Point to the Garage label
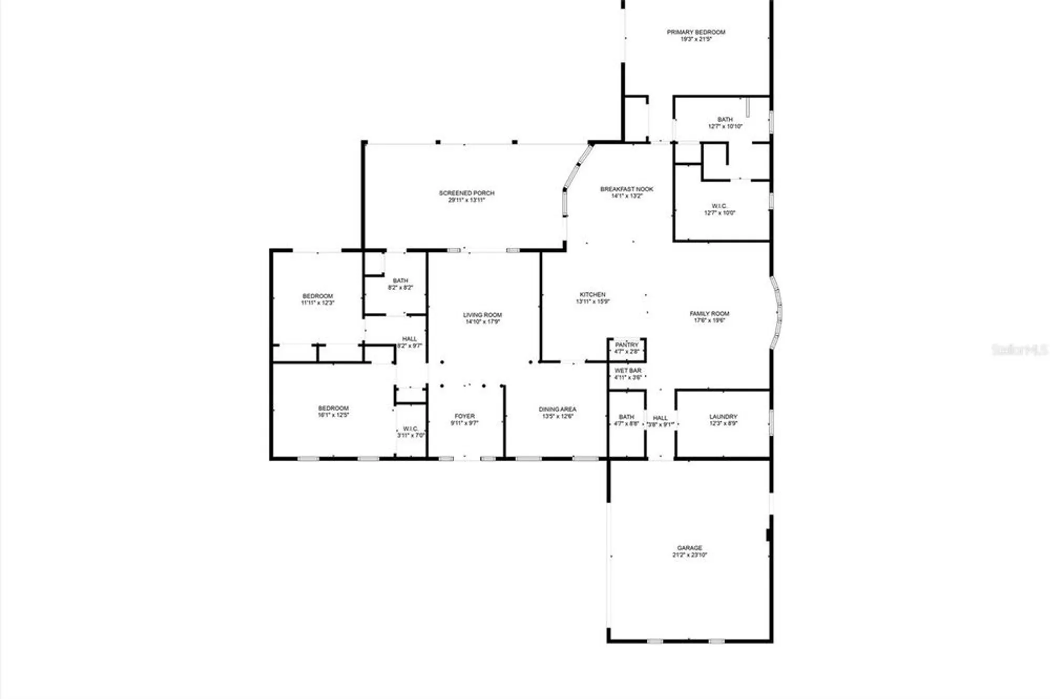point(689,548)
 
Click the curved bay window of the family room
point(778,313)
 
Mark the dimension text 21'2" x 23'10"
point(690,555)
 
